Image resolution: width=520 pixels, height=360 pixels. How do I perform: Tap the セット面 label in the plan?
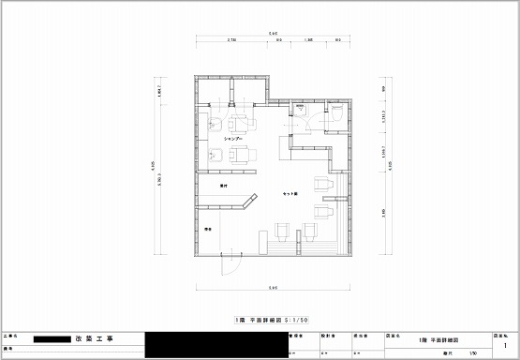[x=290, y=193]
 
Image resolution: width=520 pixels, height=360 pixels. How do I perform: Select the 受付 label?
[x=224, y=187]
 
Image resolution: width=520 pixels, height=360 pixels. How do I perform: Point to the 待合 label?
[x=207, y=228]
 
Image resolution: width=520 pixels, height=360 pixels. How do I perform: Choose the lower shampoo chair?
[x=242, y=155]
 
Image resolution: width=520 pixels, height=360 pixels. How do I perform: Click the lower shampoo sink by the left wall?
[x=213, y=156]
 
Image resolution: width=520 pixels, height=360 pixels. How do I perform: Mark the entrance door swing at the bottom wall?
[x=227, y=265]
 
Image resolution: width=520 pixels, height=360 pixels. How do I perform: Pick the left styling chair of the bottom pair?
[x=282, y=231]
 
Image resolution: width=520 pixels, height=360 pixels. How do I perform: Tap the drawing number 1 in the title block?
[x=505, y=346]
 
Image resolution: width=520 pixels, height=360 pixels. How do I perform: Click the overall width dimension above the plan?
[x=272, y=35]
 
